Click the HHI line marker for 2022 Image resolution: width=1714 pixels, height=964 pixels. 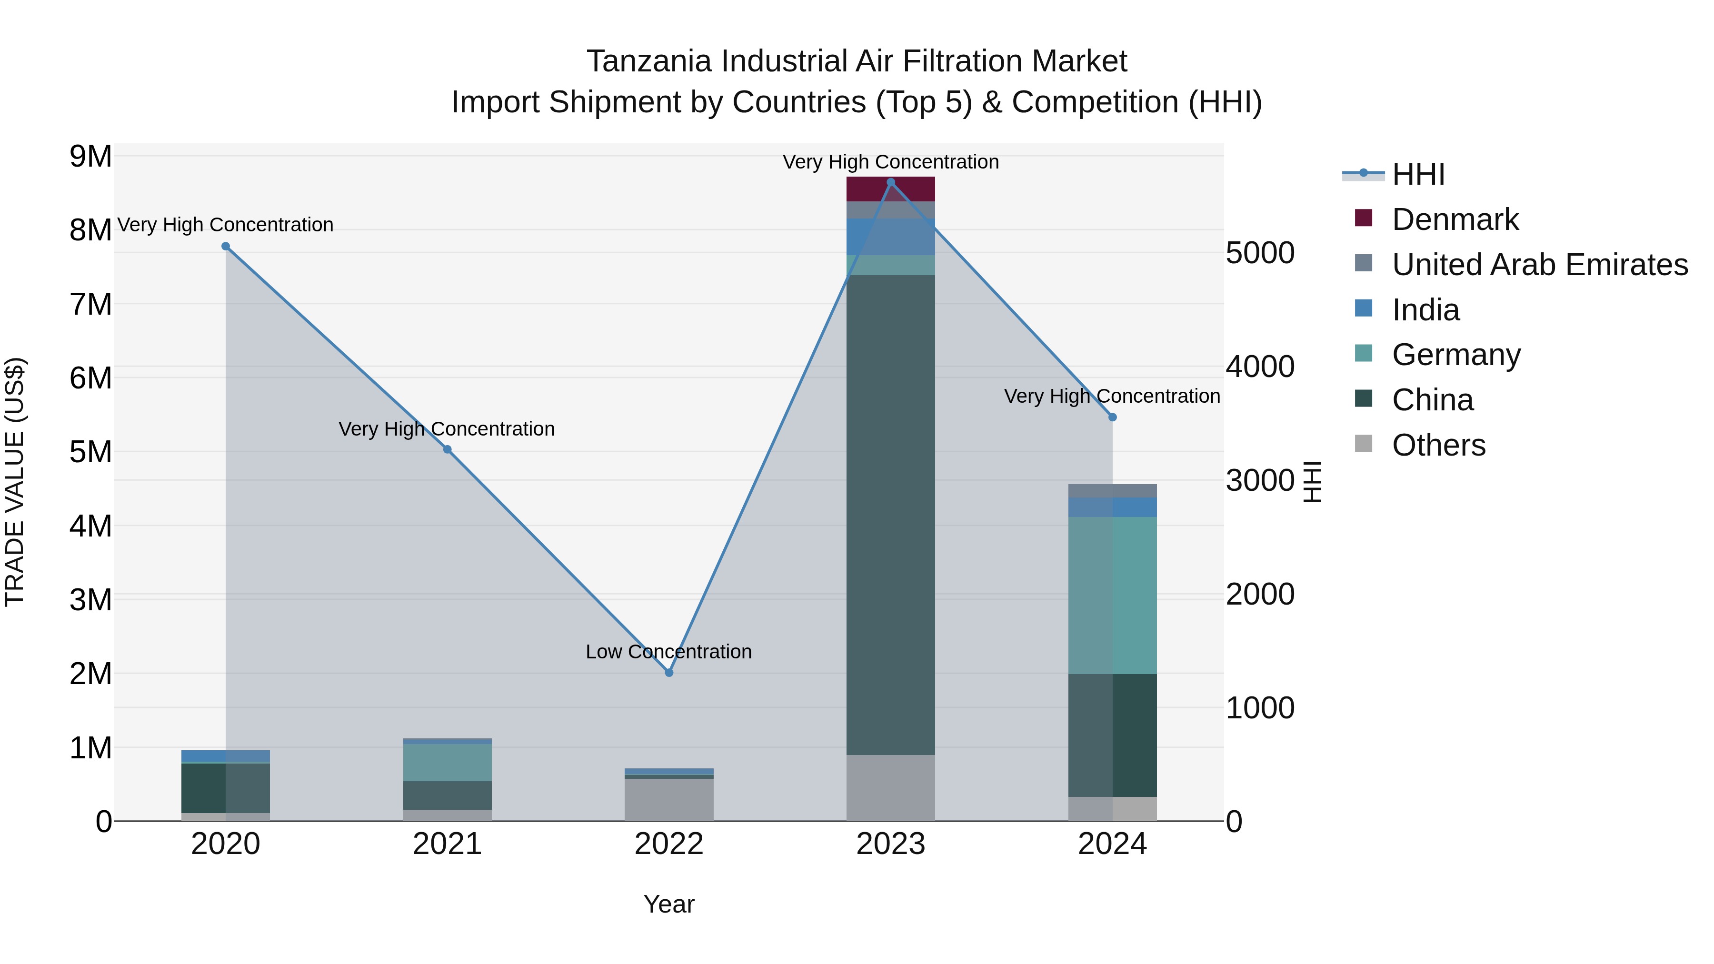pyautogui.click(x=669, y=673)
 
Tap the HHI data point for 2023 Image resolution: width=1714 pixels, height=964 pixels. pyautogui.click(x=891, y=182)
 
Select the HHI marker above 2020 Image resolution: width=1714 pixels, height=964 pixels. pyautogui.click(x=226, y=246)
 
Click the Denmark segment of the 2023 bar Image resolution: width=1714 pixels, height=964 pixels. pyautogui.click(x=890, y=189)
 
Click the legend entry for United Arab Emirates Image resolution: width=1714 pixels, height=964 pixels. pyautogui.click(x=1539, y=265)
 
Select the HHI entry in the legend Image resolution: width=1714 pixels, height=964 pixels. pyautogui.click(x=1417, y=174)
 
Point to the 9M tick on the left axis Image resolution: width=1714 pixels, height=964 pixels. pyautogui.click(x=90, y=157)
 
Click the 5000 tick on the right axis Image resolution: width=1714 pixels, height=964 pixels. pyautogui.click(x=1259, y=253)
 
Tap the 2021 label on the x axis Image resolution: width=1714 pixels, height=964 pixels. pyautogui.click(x=447, y=844)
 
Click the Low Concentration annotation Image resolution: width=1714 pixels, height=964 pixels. pyautogui.click(x=669, y=651)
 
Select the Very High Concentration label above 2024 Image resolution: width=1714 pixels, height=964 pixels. pyautogui.click(x=1112, y=396)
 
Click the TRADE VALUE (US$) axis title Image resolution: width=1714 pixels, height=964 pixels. pyautogui.click(x=15, y=482)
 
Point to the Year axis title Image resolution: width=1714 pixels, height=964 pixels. pyautogui.click(x=669, y=904)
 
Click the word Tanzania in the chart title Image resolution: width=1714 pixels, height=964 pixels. pyautogui.click(x=649, y=61)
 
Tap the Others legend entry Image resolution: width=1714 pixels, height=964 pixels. pyautogui.click(x=1438, y=445)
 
